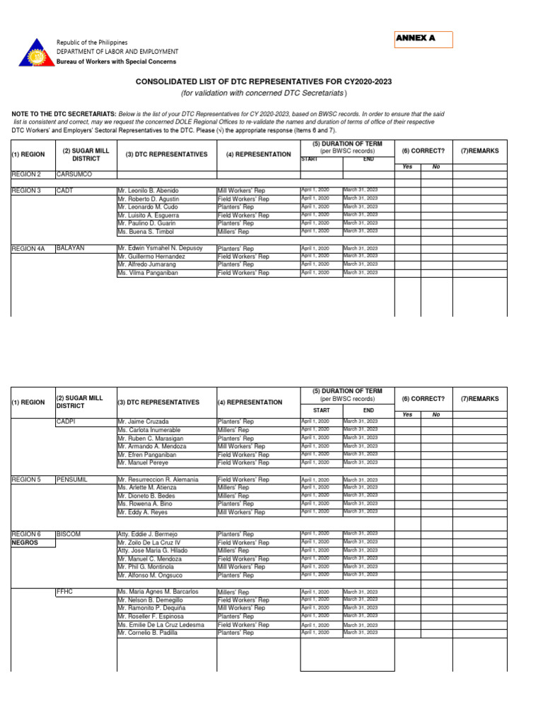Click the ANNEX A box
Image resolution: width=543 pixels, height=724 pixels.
pyautogui.click(x=424, y=39)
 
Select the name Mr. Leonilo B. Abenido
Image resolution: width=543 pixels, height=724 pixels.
pyautogui.click(x=148, y=191)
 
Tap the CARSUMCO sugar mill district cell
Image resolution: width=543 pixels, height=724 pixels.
pyautogui.click(x=74, y=174)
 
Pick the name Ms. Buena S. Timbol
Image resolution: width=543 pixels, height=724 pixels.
pyautogui.click(x=145, y=232)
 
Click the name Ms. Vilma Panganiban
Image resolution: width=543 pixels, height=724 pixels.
pyautogui.click(x=148, y=273)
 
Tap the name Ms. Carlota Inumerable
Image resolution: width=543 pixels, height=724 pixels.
pyautogui.click(x=149, y=430)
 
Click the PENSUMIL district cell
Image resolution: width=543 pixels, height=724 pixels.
pyautogui.click(x=71, y=479)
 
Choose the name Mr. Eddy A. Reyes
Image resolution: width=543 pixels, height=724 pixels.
pyautogui.click(x=143, y=512)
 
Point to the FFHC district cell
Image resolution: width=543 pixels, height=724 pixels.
pyautogui.click(x=65, y=591)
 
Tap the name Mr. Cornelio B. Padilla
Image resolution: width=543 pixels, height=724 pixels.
pyautogui.click(x=147, y=633)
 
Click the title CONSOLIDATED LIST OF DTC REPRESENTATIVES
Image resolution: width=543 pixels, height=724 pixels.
pyautogui.click(x=264, y=82)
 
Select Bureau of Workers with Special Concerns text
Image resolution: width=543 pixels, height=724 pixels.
pyautogui.click(x=117, y=62)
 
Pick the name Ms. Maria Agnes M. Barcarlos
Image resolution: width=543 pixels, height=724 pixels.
pyautogui.click(x=158, y=592)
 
